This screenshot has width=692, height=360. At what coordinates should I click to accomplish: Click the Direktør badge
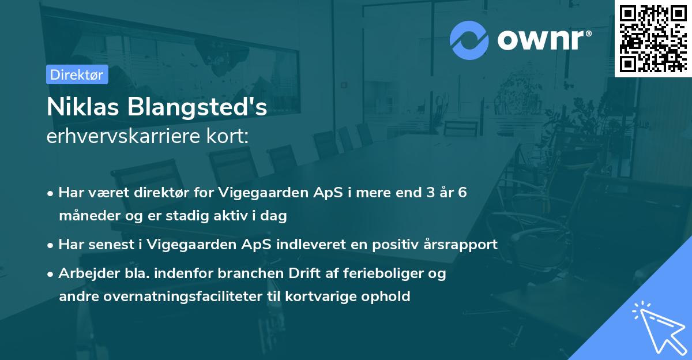coord(77,74)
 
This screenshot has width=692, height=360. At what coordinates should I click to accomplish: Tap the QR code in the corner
coord(653,37)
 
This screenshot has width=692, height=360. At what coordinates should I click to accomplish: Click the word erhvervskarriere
coord(122,137)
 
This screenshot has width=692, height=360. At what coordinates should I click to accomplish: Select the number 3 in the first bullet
coord(428,193)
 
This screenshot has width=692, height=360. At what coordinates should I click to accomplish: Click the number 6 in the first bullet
coord(462,193)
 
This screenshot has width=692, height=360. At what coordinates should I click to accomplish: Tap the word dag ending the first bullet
coord(275,216)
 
